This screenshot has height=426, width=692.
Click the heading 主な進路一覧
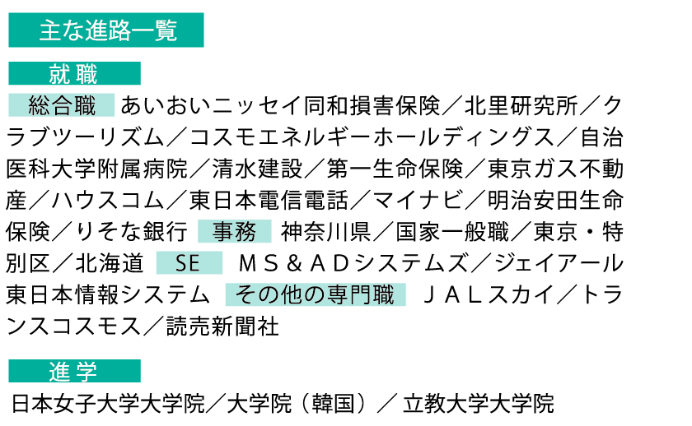(x=106, y=30)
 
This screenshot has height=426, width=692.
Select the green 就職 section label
(x=74, y=74)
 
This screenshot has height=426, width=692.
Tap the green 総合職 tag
(x=62, y=105)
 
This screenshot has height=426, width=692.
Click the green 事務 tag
(x=235, y=231)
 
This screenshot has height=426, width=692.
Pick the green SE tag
(x=189, y=263)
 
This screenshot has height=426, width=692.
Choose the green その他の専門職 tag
(x=316, y=294)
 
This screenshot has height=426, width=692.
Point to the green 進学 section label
(x=74, y=372)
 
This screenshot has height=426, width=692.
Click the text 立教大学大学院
(x=478, y=404)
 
